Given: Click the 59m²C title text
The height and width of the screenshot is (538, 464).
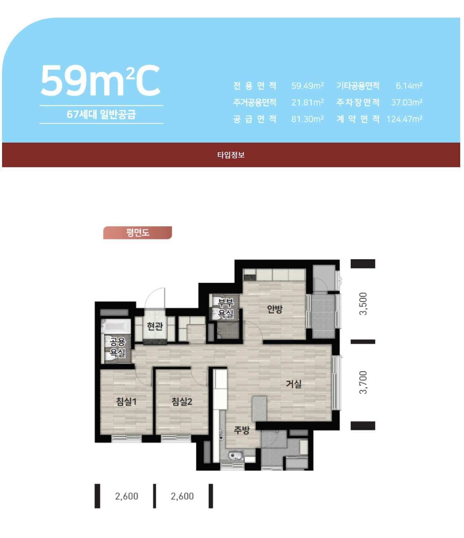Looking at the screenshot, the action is click(x=101, y=81).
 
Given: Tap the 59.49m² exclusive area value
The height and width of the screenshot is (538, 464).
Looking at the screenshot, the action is click(x=307, y=86).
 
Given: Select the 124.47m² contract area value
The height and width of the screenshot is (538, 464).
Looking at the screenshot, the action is click(x=404, y=119).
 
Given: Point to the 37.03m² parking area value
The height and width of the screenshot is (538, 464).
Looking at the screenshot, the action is click(x=406, y=102).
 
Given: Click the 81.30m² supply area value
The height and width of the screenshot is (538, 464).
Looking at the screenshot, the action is click(x=307, y=119).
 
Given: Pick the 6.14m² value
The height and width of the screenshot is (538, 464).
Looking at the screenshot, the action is click(x=409, y=86).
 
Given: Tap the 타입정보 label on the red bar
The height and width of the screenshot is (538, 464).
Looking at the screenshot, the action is click(x=231, y=155).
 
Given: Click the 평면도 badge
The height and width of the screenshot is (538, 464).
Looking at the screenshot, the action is click(x=137, y=232).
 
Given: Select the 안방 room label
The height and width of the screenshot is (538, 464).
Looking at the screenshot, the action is click(x=275, y=309).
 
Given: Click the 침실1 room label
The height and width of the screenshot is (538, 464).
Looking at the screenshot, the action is click(x=126, y=402).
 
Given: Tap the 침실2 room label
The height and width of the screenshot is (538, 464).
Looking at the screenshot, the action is click(x=182, y=402).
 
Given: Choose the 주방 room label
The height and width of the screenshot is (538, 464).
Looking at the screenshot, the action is click(x=242, y=430).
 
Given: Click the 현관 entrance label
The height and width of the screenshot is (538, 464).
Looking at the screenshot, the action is click(x=155, y=326).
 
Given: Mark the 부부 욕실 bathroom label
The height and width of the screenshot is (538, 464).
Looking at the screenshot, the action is click(x=226, y=308).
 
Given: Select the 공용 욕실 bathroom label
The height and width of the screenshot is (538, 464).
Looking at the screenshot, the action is click(x=117, y=347).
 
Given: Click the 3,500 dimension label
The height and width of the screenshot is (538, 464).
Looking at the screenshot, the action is click(x=363, y=304).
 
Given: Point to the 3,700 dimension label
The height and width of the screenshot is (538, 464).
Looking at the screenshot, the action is click(x=363, y=382).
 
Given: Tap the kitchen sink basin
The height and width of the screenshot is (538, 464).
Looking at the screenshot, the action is click(x=236, y=455).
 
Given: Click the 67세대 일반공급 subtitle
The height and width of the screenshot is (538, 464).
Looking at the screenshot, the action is click(x=101, y=114).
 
